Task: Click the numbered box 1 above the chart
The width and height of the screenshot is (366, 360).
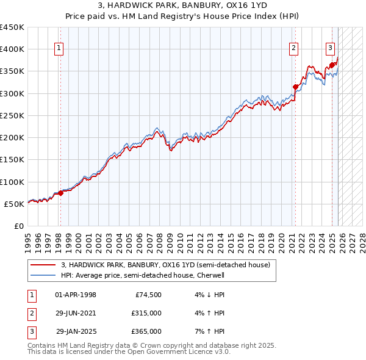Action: (60, 49)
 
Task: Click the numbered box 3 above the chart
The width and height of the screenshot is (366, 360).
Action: (330, 49)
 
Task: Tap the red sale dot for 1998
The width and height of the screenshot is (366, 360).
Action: (60, 193)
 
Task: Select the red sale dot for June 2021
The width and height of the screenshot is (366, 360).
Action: (295, 87)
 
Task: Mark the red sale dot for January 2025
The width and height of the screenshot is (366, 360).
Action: (331, 65)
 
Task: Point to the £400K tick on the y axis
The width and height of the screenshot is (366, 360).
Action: (12, 49)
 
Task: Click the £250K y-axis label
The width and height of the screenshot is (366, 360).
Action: (12, 115)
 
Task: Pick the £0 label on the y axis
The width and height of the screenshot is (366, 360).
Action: (19, 226)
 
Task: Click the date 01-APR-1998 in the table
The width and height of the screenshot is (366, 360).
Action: (76, 295)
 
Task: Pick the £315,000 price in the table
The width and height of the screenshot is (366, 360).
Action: (146, 313)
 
